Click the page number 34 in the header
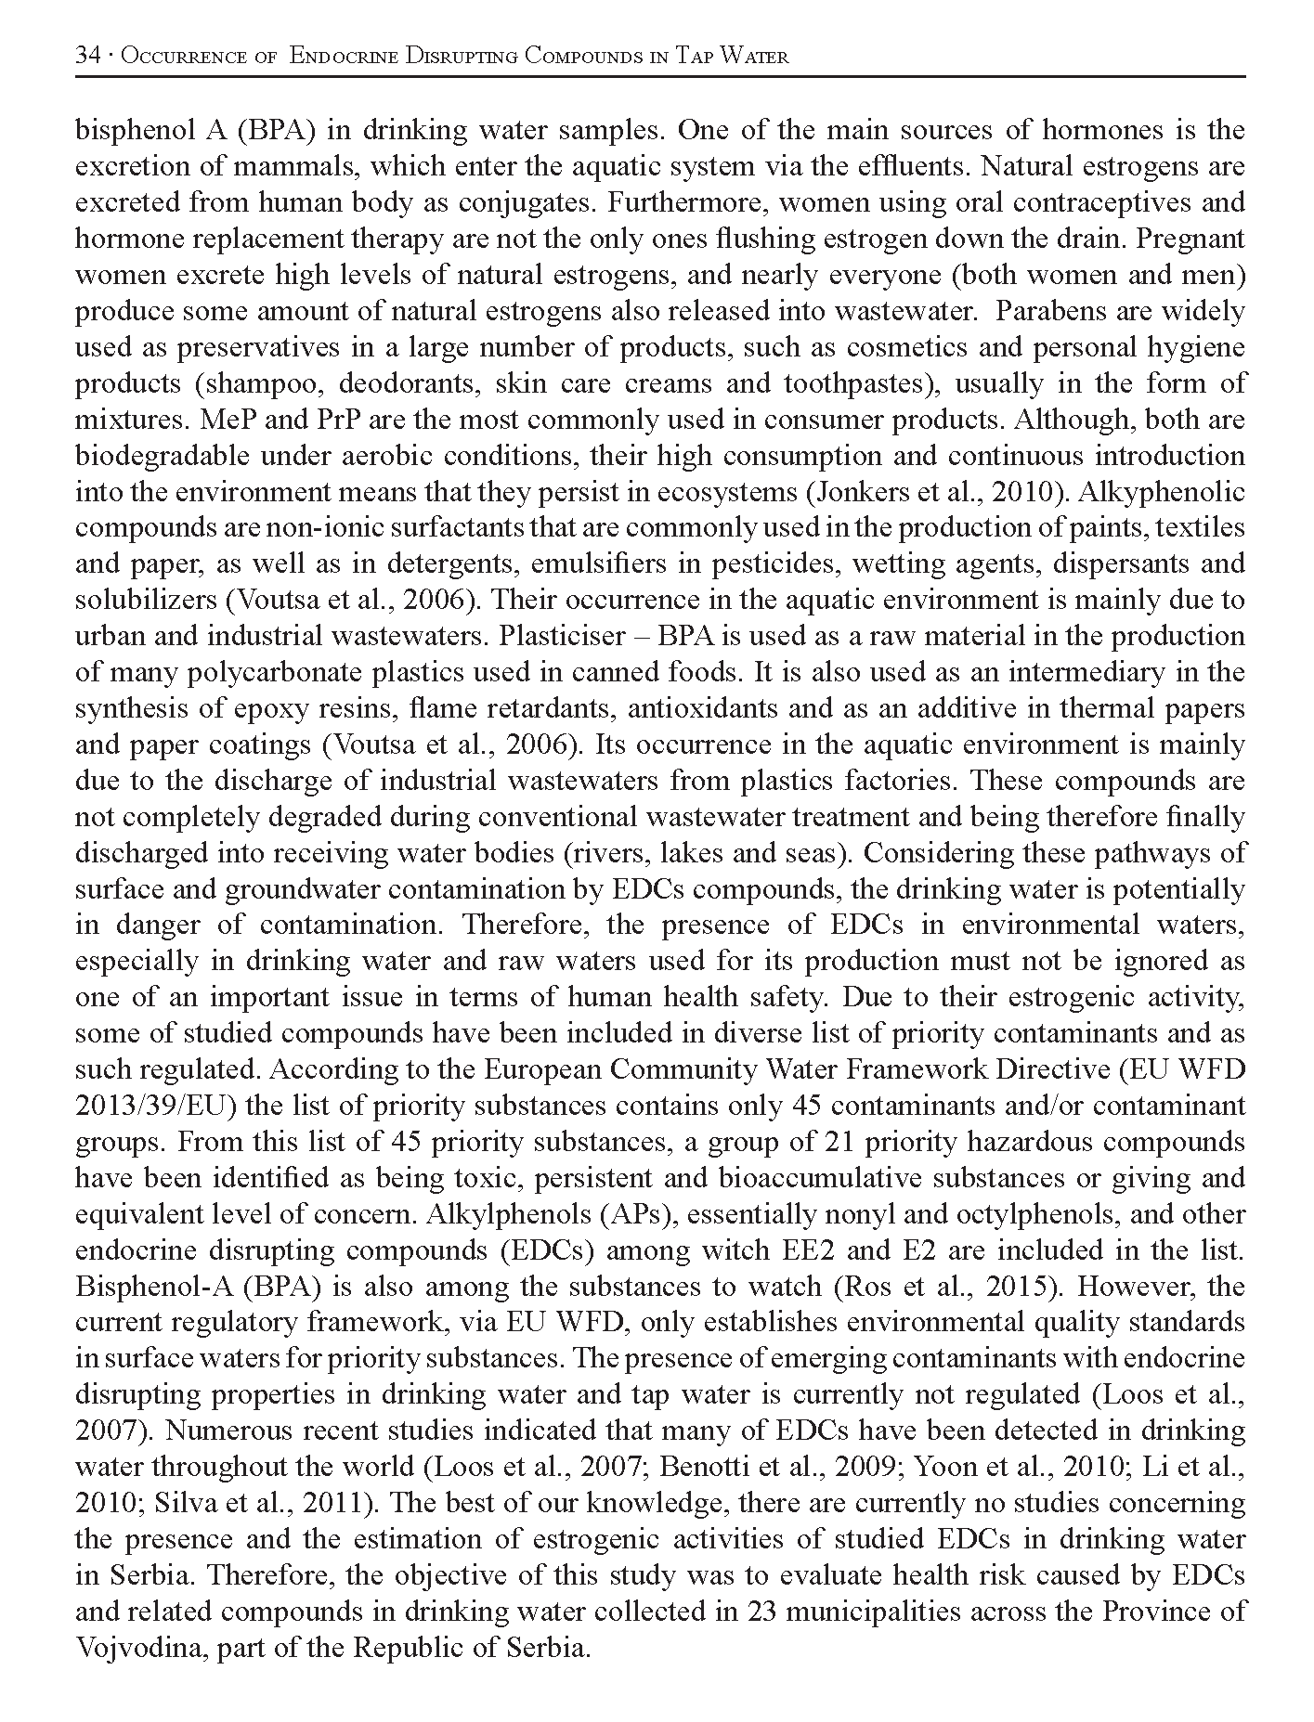point(88,57)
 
